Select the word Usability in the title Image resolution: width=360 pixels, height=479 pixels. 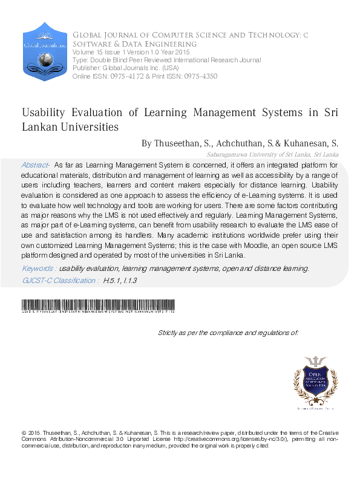coord(46,113)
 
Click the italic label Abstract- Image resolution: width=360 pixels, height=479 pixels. coord(36,165)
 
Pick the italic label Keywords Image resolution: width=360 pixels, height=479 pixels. coord(39,269)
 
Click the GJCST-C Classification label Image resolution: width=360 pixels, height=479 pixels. coord(59,281)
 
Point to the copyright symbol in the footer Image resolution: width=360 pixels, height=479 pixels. coord(24,433)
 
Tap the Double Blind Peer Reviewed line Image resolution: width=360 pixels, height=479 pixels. coord(167,60)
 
